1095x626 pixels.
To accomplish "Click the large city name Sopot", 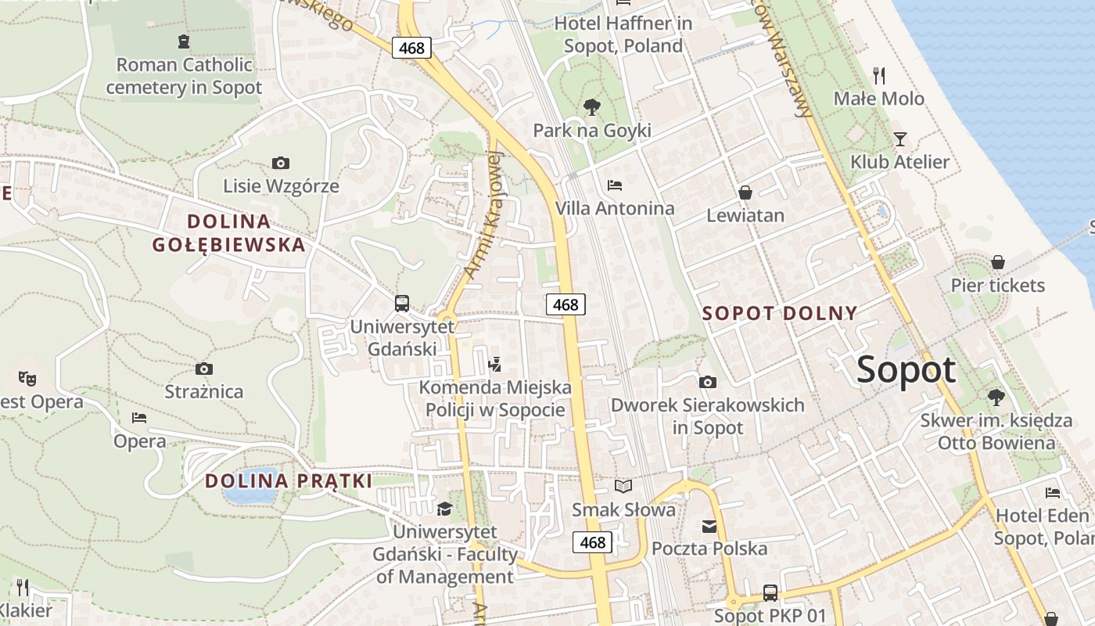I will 906,369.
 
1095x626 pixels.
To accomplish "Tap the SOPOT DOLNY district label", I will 780,314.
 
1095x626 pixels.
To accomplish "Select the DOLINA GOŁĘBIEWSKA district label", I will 229,233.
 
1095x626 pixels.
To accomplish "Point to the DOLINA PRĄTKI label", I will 289,481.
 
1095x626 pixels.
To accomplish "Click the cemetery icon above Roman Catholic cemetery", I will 184,41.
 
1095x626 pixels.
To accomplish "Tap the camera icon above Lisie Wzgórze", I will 281,163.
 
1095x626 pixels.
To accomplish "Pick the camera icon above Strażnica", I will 204,369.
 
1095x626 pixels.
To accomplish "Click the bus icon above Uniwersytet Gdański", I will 402,304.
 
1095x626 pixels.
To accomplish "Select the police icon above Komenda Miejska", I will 494,364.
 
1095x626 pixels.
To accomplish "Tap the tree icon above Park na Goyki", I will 592,106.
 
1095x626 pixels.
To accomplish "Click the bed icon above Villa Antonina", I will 615,185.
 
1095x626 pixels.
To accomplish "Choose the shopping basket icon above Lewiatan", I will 745,192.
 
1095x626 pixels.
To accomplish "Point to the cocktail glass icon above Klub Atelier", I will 900,139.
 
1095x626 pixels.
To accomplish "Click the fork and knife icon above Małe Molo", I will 880,75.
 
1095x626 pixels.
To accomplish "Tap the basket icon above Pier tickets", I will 998,262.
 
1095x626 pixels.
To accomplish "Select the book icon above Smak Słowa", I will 623,487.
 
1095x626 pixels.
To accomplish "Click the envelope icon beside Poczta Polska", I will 709,526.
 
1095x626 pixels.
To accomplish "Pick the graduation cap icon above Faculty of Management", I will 445,509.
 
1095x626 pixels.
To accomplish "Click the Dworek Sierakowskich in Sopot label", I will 708,416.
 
